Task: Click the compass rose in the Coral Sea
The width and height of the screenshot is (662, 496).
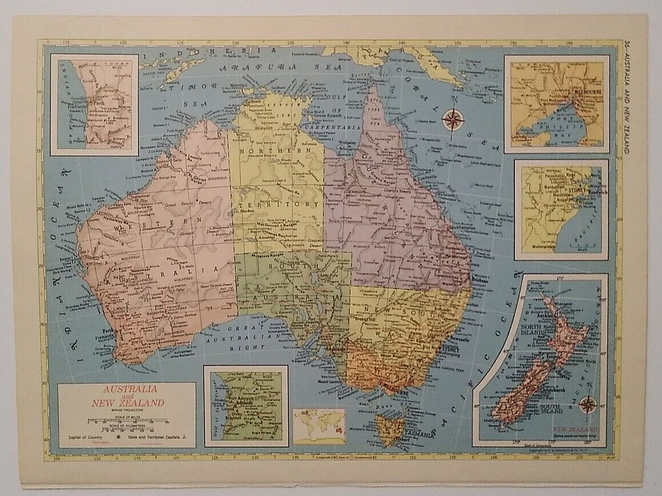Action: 452,120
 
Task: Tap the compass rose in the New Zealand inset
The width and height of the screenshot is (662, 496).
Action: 588,404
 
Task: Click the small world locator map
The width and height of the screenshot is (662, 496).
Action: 319,426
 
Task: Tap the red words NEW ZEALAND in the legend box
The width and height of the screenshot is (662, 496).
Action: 128,403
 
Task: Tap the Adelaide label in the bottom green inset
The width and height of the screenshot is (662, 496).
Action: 240,403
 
